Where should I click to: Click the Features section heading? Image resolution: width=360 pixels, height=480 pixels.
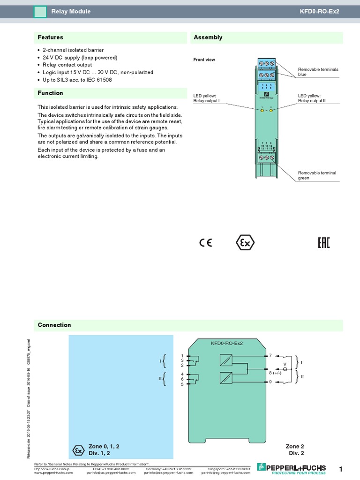[51, 37]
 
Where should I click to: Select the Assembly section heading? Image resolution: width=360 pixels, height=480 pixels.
[208, 37]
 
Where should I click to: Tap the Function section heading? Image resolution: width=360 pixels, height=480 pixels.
[51, 93]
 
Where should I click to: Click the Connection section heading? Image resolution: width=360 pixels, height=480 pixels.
[54, 325]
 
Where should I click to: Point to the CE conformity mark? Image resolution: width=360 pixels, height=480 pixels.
[205, 242]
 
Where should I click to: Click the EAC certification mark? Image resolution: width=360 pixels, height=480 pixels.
[324, 242]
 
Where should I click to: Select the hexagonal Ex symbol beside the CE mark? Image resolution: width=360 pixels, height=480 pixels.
[244, 243]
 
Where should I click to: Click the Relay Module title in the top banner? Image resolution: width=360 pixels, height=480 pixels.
[71, 11]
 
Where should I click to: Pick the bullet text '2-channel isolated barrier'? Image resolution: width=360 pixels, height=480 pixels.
[73, 50]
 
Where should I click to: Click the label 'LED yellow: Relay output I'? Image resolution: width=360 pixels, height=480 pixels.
[207, 98]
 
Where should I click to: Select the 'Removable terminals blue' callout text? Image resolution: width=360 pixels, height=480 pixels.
[318, 72]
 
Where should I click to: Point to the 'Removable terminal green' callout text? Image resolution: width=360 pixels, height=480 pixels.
[317, 175]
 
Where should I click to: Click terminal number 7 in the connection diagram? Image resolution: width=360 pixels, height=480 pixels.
[270, 356]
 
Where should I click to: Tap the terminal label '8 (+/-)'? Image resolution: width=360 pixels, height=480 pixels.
[276, 373]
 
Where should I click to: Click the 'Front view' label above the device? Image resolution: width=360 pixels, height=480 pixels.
[204, 60]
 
